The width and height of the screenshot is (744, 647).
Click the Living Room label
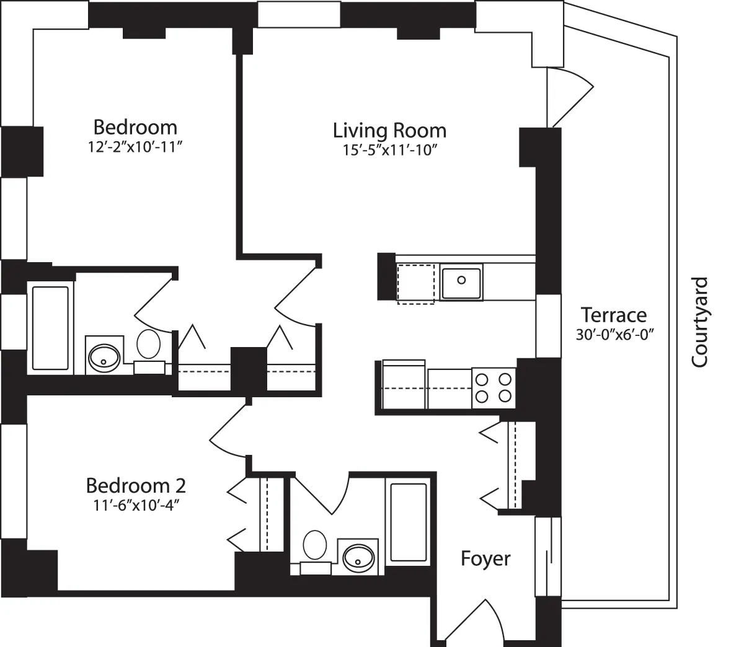pyautogui.click(x=389, y=131)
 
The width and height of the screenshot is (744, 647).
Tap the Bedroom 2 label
pyautogui.click(x=136, y=484)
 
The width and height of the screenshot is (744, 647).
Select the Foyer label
pyautogui.click(x=485, y=558)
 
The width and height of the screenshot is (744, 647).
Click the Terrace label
pyautogui.click(x=614, y=315)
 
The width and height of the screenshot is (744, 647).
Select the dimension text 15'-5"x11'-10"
pyautogui.click(x=389, y=151)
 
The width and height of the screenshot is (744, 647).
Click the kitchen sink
pyautogui.click(x=461, y=282)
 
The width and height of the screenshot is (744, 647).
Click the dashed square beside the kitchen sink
pyautogui.click(x=416, y=283)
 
